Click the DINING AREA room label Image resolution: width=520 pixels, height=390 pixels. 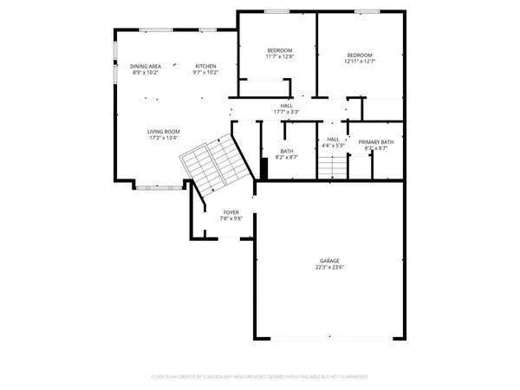tap(146, 67)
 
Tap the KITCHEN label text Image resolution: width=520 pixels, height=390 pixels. tap(205, 67)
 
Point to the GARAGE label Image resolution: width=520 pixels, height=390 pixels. tap(329, 261)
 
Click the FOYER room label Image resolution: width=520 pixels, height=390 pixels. tap(231, 212)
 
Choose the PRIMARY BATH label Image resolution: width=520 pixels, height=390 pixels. tap(376, 142)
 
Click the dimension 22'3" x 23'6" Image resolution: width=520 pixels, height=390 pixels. tap(329, 268)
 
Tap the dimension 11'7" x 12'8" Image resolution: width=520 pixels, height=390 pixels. tap(279, 57)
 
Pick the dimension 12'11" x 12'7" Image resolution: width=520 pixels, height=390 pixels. tap(359, 61)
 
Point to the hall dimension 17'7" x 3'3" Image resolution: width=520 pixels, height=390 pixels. tap(286, 112)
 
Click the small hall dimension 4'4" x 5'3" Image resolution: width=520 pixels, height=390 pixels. tap(333, 146)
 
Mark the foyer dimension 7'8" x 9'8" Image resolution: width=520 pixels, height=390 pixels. tap(231, 218)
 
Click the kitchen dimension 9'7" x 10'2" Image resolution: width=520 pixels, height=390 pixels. tap(205, 73)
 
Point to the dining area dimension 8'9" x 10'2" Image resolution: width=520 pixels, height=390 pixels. tap(146, 73)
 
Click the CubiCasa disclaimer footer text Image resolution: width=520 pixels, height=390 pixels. tap(260, 377)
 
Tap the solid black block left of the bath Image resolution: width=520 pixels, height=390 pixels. tap(263, 168)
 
